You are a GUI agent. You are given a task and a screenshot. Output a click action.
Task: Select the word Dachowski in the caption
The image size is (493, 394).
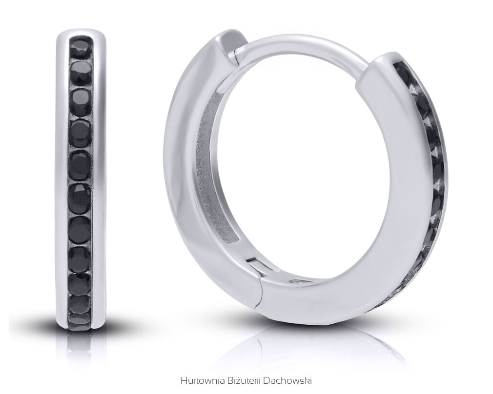tap(287, 380)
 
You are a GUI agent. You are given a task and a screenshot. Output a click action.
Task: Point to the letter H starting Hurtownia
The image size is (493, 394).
tap(184, 380)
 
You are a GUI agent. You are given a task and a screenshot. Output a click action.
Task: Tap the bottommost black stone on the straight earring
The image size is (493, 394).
tap(79, 320)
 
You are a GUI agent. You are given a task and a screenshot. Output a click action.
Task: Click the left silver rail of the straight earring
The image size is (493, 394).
tap(62, 182)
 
